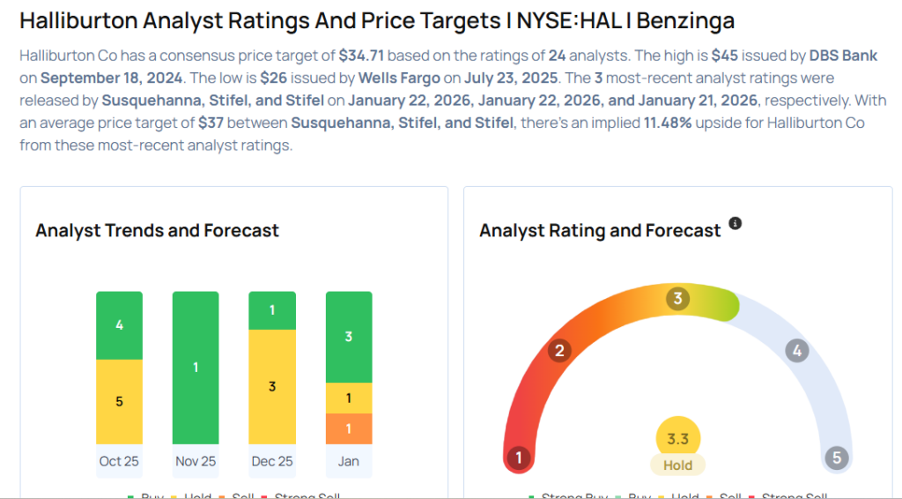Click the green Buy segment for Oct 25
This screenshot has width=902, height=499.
[x=119, y=325]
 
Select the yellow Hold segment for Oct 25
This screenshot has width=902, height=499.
[x=119, y=401]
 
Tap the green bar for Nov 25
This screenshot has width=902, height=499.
[x=196, y=367]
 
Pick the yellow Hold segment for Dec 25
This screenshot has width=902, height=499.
[x=272, y=386]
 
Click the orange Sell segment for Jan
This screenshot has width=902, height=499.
[x=349, y=428]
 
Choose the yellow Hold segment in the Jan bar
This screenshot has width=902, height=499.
[x=349, y=398]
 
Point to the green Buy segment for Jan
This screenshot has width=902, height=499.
[x=349, y=337]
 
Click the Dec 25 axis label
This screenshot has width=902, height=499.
[x=272, y=461]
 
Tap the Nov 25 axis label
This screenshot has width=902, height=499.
[x=196, y=461]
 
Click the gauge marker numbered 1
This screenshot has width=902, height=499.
[x=520, y=458]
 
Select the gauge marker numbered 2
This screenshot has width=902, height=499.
[x=558, y=351]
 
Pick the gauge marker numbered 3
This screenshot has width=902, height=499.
[x=677, y=299]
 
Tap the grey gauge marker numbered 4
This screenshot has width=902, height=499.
[x=796, y=351]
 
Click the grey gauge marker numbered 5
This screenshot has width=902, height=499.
[x=836, y=458]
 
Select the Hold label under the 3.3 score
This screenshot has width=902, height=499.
[x=677, y=465]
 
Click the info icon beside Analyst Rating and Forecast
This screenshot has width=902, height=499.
[x=736, y=224]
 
